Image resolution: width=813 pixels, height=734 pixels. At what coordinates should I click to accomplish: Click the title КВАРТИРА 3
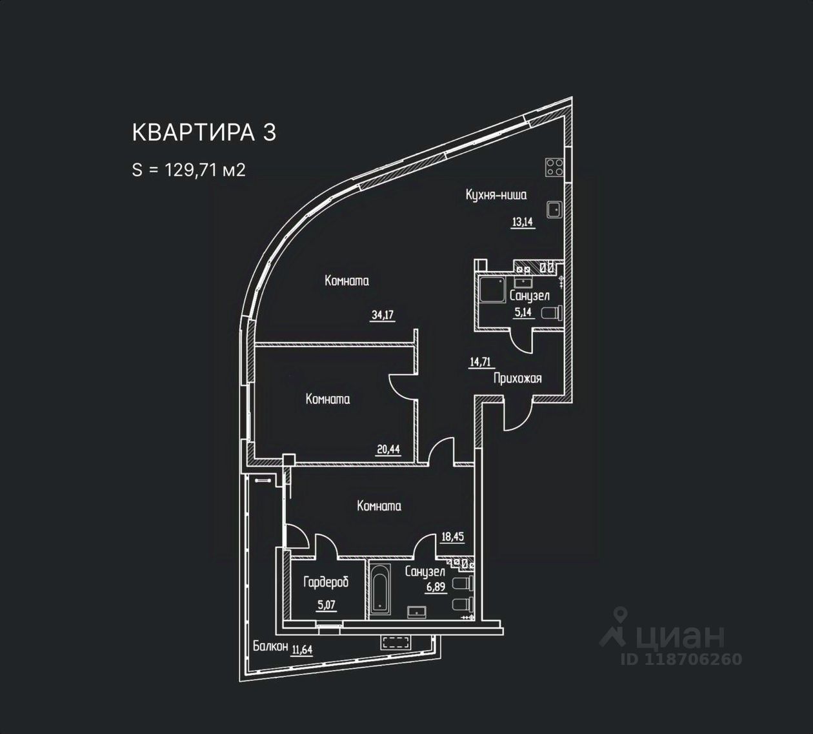pyautogui.click(x=204, y=132)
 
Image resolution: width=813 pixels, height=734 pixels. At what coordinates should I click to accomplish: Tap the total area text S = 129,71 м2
pyautogui.click(x=188, y=170)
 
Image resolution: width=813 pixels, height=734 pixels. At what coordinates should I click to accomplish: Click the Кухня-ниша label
pyautogui.click(x=496, y=194)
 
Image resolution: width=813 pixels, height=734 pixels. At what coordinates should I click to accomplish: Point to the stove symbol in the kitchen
pyautogui.click(x=554, y=167)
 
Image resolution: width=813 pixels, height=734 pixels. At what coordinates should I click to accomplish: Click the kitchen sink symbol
pyautogui.click(x=554, y=209)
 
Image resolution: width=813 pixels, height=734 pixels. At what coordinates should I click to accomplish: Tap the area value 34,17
pyautogui.click(x=382, y=315)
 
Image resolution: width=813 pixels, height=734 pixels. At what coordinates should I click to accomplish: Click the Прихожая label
pyautogui.click(x=517, y=378)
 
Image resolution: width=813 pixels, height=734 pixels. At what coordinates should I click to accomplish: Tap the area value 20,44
pyautogui.click(x=388, y=449)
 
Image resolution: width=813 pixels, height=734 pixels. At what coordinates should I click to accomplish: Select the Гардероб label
pyautogui.click(x=326, y=582)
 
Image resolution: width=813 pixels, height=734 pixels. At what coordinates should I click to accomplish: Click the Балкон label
pyautogui.click(x=270, y=646)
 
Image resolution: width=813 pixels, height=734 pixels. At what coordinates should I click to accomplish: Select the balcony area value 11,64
pyautogui.click(x=302, y=649)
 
